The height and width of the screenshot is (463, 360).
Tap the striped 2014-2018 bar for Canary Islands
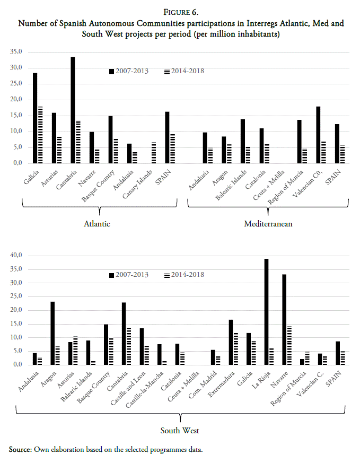coord(153,153)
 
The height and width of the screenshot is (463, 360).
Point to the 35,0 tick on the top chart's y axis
coord(15,52)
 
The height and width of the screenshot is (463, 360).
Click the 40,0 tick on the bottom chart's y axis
coord(15,256)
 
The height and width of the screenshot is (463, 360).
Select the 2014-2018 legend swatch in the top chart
coord(167,71)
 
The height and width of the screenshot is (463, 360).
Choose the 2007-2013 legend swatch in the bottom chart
coord(111,275)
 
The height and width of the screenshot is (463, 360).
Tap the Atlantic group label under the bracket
coord(97,224)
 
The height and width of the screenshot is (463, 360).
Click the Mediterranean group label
coord(268,224)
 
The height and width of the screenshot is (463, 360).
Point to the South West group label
coord(180,430)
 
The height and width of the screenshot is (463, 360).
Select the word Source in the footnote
coord(20,450)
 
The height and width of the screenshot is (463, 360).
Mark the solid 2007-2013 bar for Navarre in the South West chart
coord(284,320)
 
